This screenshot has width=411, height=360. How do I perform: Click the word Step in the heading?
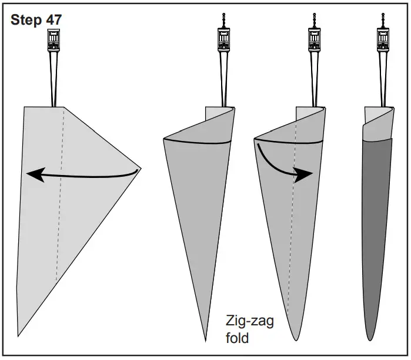(x=26, y=20)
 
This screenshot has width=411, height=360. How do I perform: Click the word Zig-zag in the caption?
(x=249, y=321)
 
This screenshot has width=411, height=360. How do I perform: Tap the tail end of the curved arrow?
(x=258, y=143)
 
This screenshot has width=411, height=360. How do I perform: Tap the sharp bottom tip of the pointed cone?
(x=205, y=340)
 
